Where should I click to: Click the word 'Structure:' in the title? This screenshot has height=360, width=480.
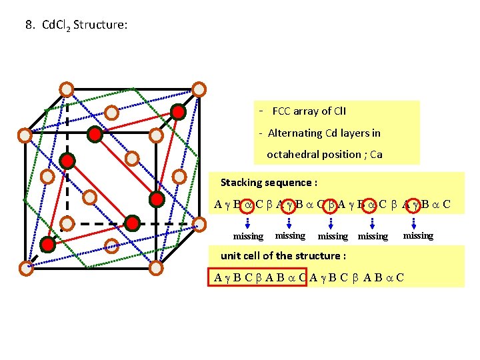[x=100, y=25]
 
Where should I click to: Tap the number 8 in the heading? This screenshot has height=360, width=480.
[x=29, y=25]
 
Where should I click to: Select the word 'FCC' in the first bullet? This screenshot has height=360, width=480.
[x=283, y=111]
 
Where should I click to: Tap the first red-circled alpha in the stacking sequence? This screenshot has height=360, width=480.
[x=246, y=204]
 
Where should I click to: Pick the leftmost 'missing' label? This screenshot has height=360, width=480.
[x=248, y=236]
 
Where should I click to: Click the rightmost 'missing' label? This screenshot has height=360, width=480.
[x=418, y=235]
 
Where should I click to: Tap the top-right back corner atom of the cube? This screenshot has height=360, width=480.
[x=198, y=89]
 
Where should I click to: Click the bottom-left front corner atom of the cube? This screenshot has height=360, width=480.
[x=25, y=268]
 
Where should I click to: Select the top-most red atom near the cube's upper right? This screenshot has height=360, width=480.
[x=177, y=112]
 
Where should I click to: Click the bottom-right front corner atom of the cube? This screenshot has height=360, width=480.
[x=156, y=268]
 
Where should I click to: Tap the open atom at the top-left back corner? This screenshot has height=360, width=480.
[x=67, y=89]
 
